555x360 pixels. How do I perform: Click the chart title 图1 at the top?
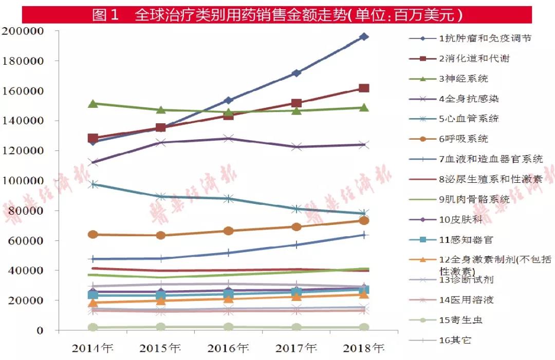click(x=105, y=15)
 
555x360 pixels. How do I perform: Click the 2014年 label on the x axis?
click(x=93, y=349)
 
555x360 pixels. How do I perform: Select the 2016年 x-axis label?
click(x=229, y=349)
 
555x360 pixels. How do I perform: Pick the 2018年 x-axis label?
click(x=364, y=349)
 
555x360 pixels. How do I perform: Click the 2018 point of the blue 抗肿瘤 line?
click(x=364, y=36)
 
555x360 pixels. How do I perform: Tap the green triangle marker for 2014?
click(x=93, y=104)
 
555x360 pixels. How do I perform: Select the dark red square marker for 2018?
click(x=364, y=88)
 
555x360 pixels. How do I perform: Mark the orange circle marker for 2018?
click(x=364, y=221)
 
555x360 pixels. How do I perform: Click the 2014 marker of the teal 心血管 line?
click(x=93, y=184)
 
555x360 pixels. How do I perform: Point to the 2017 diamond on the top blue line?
click(x=296, y=73)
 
